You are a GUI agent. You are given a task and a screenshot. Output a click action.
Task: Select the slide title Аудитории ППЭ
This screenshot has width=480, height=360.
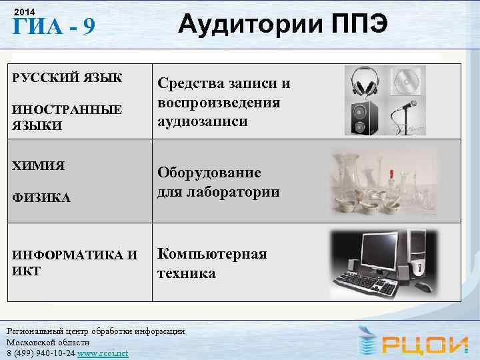pos(281,25)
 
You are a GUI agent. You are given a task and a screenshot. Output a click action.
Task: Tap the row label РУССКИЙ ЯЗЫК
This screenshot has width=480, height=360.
pos(67,77)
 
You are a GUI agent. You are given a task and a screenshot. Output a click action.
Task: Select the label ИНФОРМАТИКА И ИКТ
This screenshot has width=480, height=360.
pos(74,261)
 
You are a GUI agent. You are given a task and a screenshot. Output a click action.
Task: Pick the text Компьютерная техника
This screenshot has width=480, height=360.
pos(212,263)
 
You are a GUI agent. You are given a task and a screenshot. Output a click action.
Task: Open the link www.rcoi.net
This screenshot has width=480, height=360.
pos(103,353)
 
